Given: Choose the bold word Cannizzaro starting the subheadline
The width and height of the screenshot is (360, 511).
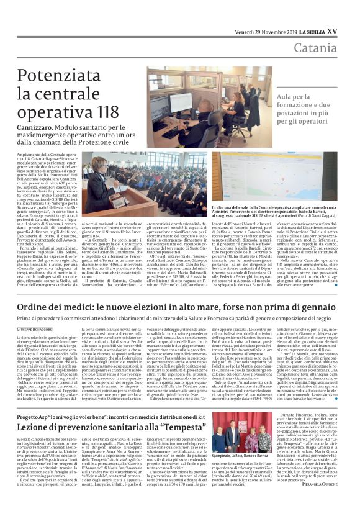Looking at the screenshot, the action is tap(38, 125).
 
